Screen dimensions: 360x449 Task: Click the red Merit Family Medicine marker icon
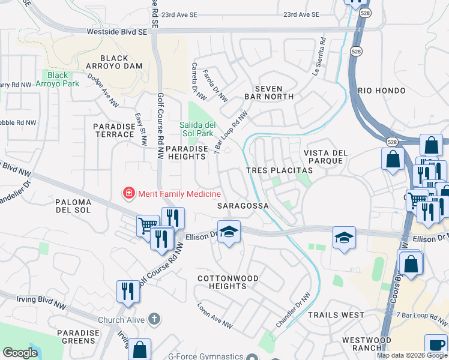[x=128, y=193]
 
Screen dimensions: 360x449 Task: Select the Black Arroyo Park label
[x=58, y=79]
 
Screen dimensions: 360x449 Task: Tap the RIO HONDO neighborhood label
[x=382, y=90]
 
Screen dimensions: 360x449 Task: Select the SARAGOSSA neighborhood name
[x=242, y=205]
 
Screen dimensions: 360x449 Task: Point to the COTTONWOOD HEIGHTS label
[x=228, y=283]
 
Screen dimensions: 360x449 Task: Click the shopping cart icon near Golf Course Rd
[x=147, y=226]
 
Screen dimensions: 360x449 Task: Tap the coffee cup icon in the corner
[x=436, y=345]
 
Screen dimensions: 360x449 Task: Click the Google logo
[x=20, y=353]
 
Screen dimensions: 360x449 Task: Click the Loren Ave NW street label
[x=214, y=315]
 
